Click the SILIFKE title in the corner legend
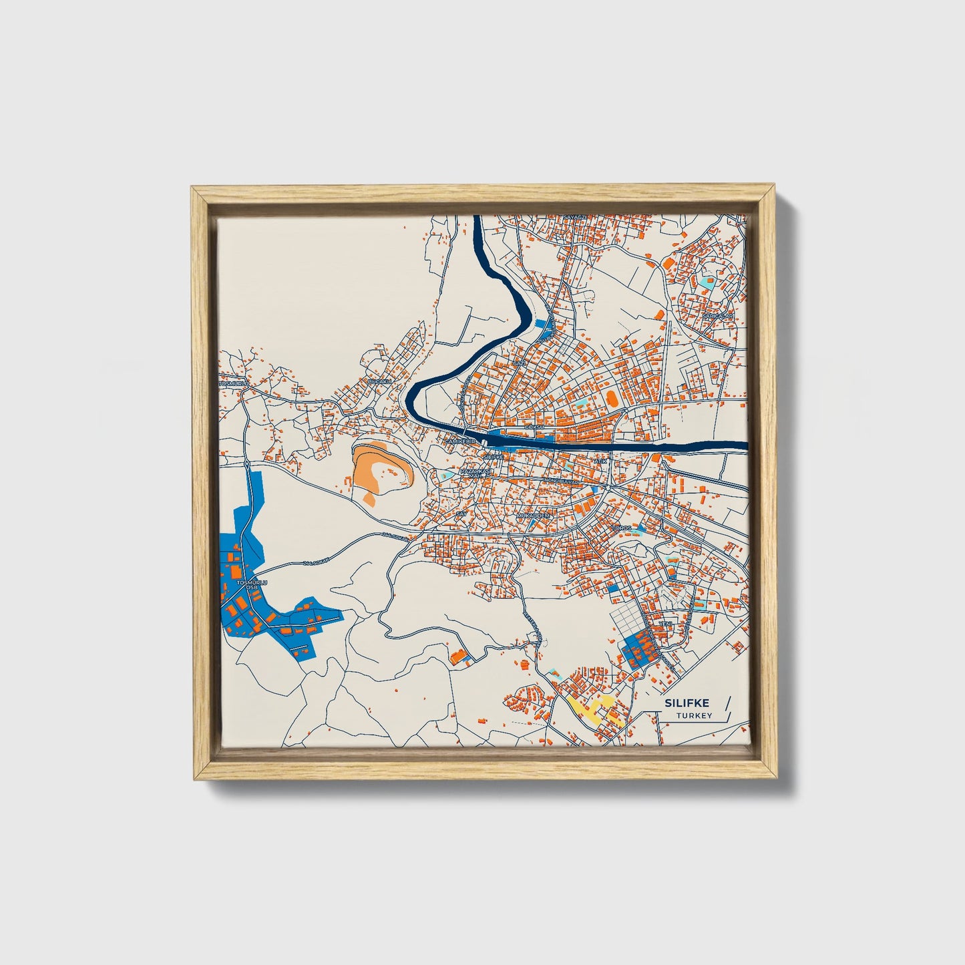687,703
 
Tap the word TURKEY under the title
694,716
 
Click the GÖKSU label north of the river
536,426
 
